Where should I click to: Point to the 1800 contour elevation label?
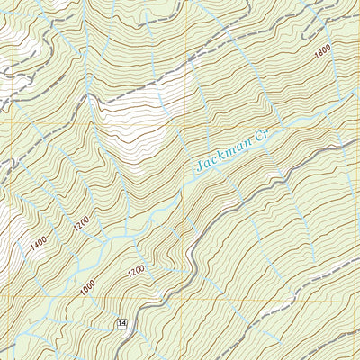pos(322,54)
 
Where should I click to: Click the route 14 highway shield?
pos(121,323)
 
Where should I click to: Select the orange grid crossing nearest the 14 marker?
pos(184,297)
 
